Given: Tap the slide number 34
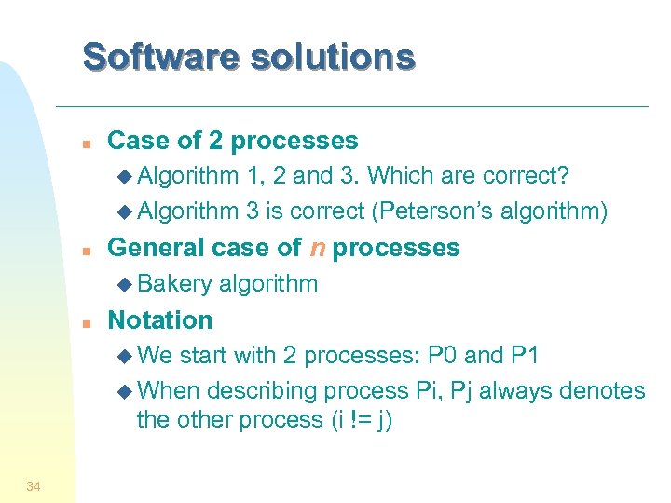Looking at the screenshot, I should pos(34,485).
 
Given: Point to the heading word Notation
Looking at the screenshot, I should pos(160,319).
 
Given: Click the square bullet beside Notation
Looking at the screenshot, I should pos(85,322).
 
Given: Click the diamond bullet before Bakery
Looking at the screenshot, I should pos(127,284).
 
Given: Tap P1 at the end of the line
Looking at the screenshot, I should pos(524,355).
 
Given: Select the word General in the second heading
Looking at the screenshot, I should pos(155,248).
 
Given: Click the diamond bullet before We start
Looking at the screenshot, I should pos(127,356).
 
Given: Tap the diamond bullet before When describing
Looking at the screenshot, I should pos(127,390).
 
